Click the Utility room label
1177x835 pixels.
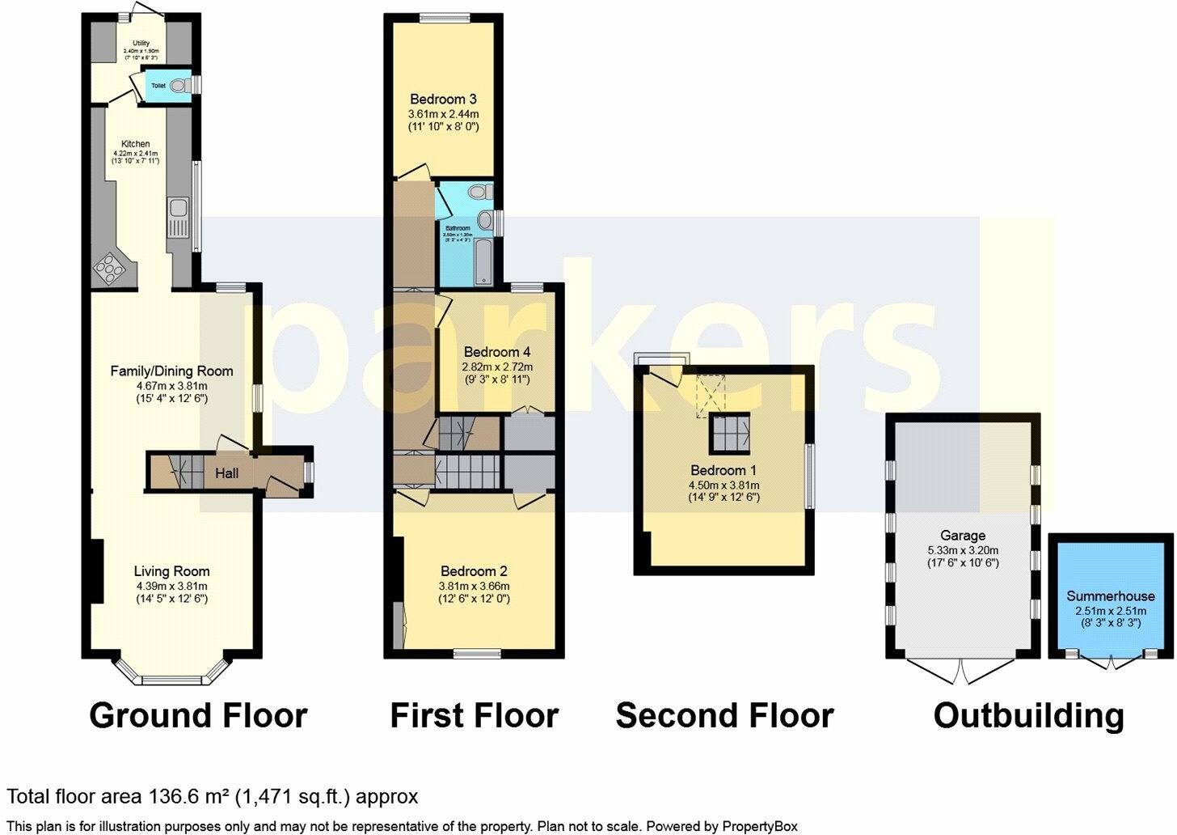(x=141, y=44)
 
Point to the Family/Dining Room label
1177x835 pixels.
(x=171, y=371)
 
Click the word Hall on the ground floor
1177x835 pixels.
(x=226, y=473)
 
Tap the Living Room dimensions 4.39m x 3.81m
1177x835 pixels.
(x=171, y=586)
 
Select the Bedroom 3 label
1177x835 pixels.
(x=443, y=100)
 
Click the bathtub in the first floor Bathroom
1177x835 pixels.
(x=483, y=262)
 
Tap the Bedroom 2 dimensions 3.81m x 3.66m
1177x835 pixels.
(x=474, y=586)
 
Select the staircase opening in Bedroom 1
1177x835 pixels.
(x=730, y=434)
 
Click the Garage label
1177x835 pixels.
(x=963, y=536)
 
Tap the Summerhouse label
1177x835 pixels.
(x=1111, y=596)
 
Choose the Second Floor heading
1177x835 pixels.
(x=724, y=716)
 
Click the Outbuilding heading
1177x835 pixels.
(x=1028, y=716)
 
